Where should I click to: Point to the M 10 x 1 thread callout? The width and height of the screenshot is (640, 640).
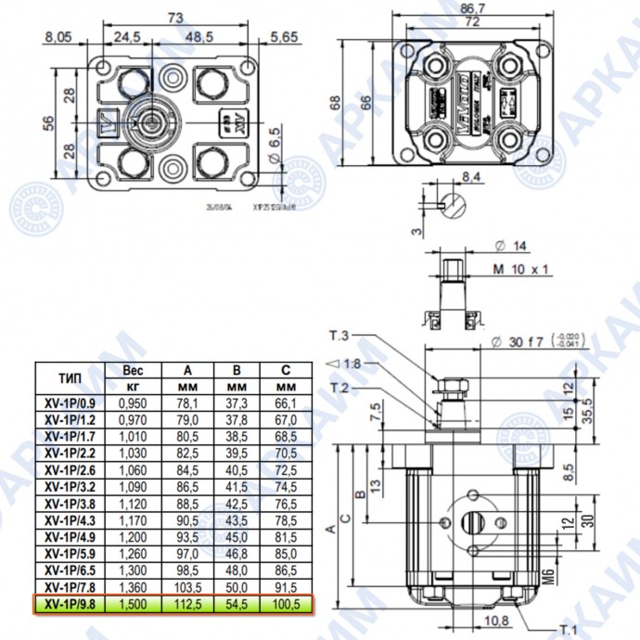(x=521, y=269)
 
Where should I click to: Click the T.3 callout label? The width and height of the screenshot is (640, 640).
(x=339, y=335)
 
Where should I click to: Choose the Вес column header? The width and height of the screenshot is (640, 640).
(x=134, y=369)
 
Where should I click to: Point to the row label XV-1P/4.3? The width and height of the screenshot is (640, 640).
(x=70, y=520)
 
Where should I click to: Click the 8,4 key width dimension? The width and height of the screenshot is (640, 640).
(x=470, y=175)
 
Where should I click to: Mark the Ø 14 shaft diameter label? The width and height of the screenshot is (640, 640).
(x=510, y=246)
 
